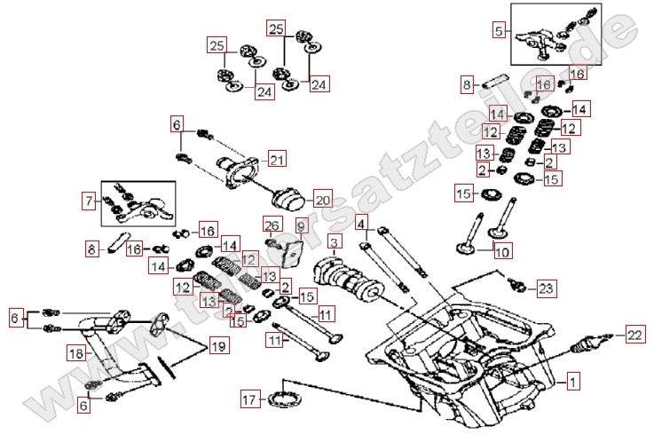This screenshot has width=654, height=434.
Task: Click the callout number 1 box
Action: pyautogui.click(x=573, y=383)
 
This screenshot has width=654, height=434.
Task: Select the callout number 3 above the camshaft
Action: pyautogui.click(x=334, y=242)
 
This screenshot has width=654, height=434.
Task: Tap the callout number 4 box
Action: pyautogui.click(x=361, y=222)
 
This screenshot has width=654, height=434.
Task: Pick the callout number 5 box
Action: pyautogui.click(x=500, y=31)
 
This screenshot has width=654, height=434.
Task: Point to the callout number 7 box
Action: pyautogui.click(x=88, y=201)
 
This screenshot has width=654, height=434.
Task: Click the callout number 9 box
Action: pyautogui.click(x=300, y=227)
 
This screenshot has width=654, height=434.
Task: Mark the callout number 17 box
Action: pyautogui.click(x=250, y=400)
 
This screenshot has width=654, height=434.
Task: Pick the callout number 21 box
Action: pyautogui.click(x=278, y=161)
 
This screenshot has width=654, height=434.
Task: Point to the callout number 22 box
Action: pyautogui.click(x=633, y=334)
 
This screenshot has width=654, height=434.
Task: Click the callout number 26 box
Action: pyautogui.click(x=272, y=227)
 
